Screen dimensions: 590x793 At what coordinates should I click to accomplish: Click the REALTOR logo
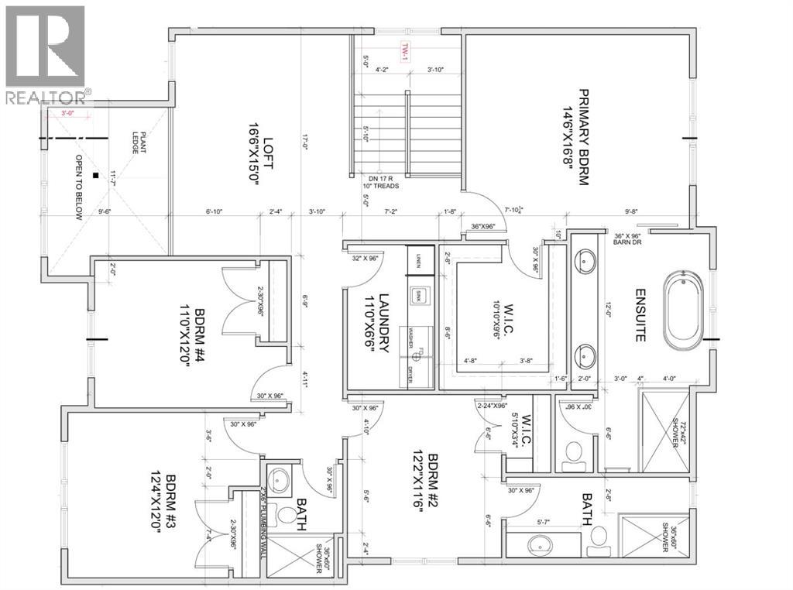click(x=46, y=54)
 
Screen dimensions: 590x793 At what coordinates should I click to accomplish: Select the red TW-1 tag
click(x=404, y=52)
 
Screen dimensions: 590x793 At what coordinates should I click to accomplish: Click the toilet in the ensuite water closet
click(x=575, y=455)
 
